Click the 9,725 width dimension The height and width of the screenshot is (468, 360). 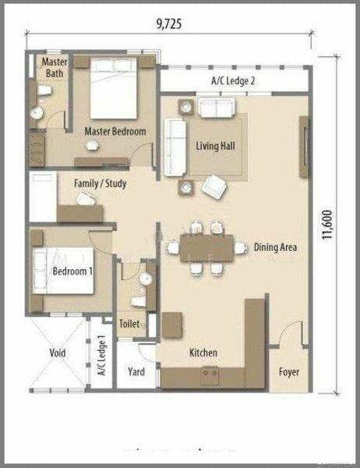[x=168, y=23]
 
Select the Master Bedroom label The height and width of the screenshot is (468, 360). [x=115, y=132]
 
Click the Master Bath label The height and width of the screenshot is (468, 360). [x=54, y=67]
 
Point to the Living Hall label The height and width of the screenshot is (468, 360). [x=216, y=145]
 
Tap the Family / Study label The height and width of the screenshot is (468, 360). [x=100, y=183]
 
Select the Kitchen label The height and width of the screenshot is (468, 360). [x=203, y=353]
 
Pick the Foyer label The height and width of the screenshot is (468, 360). [x=288, y=372]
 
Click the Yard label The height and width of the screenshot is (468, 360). [x=136, y=372]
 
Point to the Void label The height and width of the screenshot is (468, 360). [x=58, y=353]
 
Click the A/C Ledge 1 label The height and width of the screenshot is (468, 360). [x=101, y=357]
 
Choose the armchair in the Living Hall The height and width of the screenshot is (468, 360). [x=214, y=186]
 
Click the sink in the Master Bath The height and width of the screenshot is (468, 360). [x=37, y=113]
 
